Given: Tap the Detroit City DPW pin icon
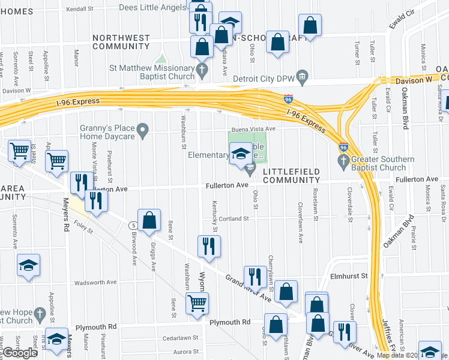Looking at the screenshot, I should [x=303, y=76].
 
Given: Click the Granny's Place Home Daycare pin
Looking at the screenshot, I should [x=142, y=129].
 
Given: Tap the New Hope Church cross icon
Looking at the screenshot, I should [x=40, y=314].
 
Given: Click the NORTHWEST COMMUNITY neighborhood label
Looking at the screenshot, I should [x=121, y=42].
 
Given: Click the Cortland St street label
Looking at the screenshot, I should [x=234, y=219].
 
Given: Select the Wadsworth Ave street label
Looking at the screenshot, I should [x=95, y=282].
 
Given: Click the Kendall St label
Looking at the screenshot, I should [x=81, y=10].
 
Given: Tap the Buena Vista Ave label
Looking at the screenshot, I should [x=254, y=129].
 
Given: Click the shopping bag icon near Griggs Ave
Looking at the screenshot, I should [x=149, y=220].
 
